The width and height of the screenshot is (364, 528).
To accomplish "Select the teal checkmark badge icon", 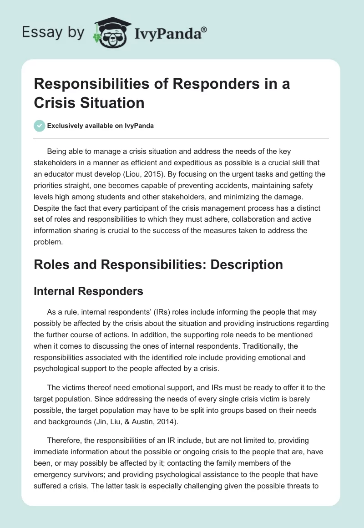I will pos(40,126).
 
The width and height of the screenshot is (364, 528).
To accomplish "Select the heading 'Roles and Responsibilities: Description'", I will pos(158,264).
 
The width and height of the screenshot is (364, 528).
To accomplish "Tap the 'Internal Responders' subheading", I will pos(88,291).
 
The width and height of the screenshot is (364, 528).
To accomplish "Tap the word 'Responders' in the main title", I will pos(188,84).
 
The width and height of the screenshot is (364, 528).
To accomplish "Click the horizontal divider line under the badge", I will pos(181,138).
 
